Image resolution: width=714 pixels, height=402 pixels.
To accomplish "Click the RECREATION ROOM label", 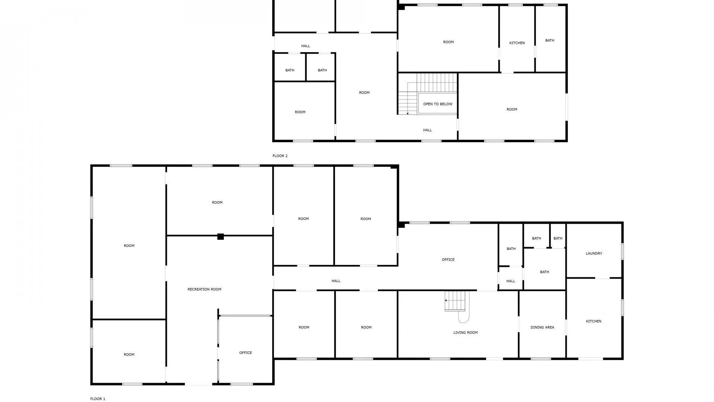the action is click(204, 289).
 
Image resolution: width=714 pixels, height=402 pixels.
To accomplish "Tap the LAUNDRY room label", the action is click(594, 253).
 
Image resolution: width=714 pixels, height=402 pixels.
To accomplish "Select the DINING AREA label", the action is click(542, 328).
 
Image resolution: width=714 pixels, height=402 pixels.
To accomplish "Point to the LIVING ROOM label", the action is click(466, 333).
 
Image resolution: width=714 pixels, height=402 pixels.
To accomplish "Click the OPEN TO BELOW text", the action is click(438, 104).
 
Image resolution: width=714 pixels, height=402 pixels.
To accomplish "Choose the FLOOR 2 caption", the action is click(280, 156).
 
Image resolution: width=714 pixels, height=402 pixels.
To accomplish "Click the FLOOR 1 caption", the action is click(98, 399).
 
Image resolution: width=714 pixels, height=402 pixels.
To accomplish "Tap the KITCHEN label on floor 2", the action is click(517, 43).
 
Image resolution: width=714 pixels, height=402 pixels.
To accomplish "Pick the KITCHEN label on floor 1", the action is click(594, 322).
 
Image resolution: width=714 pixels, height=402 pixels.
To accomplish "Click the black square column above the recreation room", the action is click(221, 236).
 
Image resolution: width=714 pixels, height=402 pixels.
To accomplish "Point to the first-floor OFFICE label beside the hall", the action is click(448, 260).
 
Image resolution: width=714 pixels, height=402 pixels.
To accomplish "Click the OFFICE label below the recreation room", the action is click(245, 353).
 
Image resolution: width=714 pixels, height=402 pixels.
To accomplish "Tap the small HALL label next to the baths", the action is click(511, 281).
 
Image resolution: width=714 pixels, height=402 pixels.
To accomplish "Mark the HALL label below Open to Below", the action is click(428, 130).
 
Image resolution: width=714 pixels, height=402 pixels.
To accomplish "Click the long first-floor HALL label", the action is click(336, 281).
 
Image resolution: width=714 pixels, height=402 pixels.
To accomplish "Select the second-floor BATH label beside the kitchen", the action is click(550, 41).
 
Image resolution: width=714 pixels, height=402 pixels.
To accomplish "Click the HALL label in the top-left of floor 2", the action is click(306, 46).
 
